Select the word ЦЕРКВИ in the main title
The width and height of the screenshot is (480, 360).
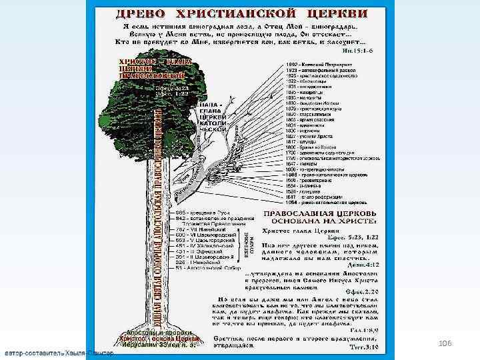[337, 13]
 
